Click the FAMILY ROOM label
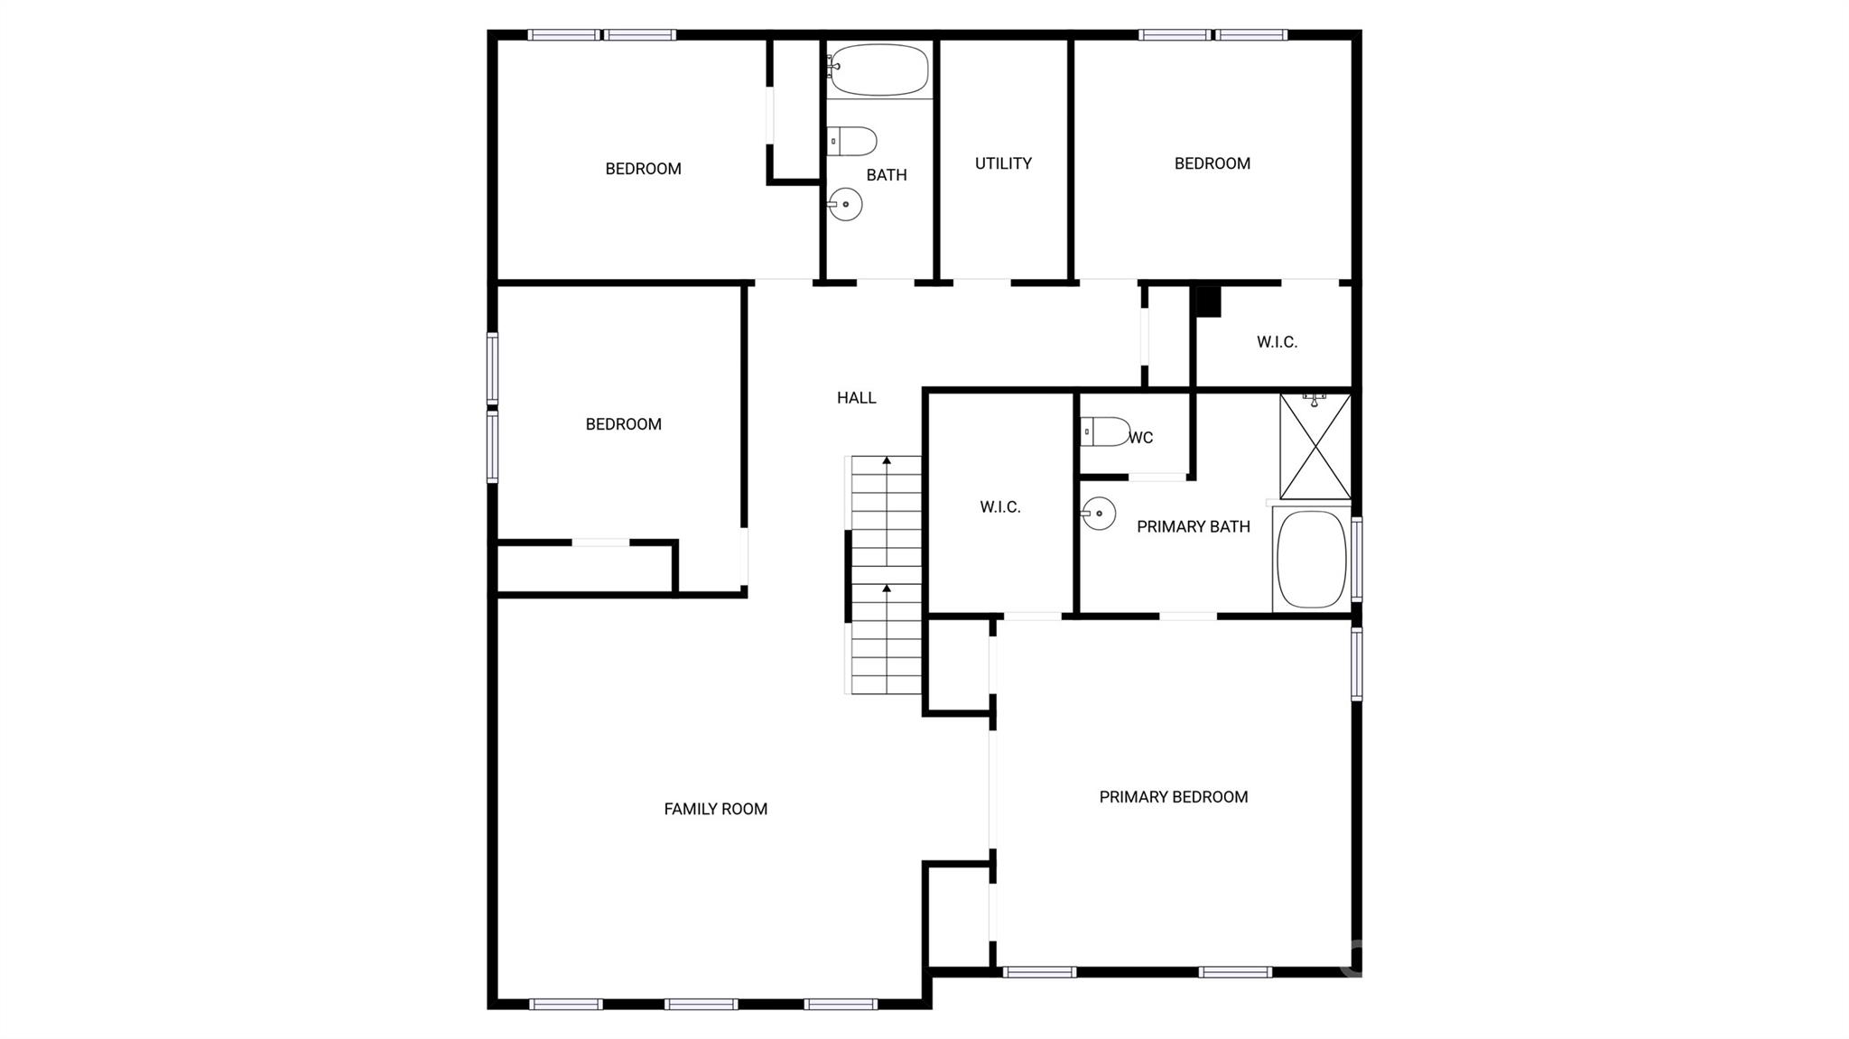[716, 810]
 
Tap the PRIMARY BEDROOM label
[1174, 797]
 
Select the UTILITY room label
[1003, 163]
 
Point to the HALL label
[856, 397]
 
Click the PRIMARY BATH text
[1194, 526]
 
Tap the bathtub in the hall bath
[878, 70]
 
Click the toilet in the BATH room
[851, 142]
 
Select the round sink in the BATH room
[845, 204]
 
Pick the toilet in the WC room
[1105, 431]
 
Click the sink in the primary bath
[1099, 514]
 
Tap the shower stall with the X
[1315, 446]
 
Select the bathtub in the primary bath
[1311, 560]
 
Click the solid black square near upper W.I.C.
[1209, 301]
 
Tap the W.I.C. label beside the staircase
[1000, 507]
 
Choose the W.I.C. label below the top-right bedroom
[1277, 342]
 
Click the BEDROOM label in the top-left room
[643, 169]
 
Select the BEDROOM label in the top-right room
[1212, 163]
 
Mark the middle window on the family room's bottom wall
[702, 1004]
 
